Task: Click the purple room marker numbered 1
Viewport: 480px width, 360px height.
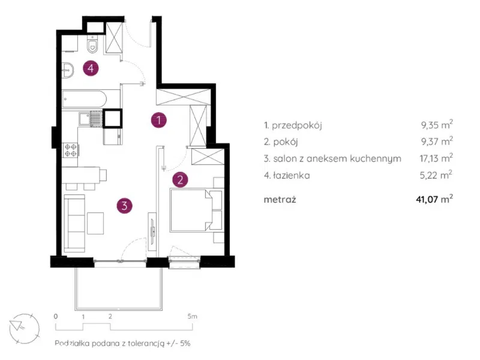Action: [x=159, y=119]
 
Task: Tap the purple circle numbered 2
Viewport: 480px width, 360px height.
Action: [x=180, y=179]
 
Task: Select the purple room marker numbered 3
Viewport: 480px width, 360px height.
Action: [x=125, y=205]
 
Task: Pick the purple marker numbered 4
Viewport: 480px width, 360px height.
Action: [x=91, y=68]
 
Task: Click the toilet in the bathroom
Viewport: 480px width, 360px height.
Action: [x=92, y=44]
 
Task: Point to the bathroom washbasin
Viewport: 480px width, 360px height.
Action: [x=68, y=70]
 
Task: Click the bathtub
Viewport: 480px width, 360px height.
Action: [x=85, y=99]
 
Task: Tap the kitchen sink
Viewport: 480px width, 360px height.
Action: [x=91, y=119]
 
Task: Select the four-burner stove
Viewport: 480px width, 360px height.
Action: [x=70, y=151]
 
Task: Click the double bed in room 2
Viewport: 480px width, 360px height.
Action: [x=196, y=210]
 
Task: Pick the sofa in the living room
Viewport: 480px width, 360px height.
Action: [x=74, y=223]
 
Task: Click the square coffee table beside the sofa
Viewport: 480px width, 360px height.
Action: [x=95, y=223]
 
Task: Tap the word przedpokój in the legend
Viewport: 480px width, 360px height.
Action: [x=296, y=125]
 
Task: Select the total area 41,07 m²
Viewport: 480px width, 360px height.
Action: [x=434, y=199]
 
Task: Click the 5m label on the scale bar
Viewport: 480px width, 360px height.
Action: [x=192, y=316]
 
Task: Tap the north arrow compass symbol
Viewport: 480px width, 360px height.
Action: [x=24, y=328]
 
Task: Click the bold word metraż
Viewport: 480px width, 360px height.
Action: [x=280, y=200]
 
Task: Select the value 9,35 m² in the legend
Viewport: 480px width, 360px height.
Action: [x=437, y=124]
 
